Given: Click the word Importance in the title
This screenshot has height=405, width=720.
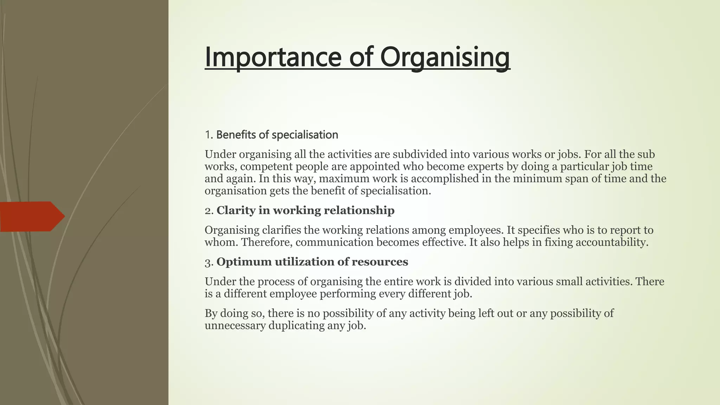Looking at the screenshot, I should click(x=272, y=57).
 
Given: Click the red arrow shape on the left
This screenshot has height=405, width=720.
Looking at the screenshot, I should click(x=32, y=217).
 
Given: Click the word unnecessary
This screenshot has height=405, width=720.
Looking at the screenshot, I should click(x=235, y=326).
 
